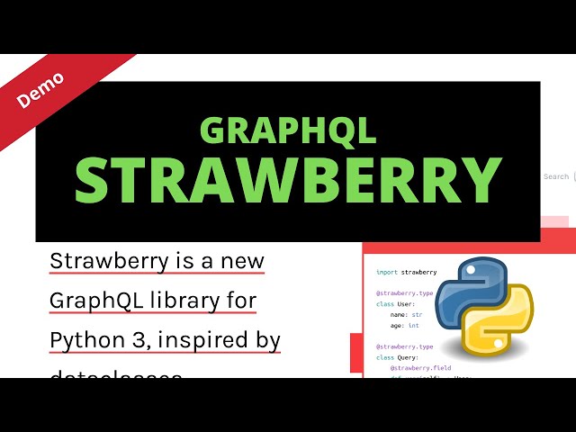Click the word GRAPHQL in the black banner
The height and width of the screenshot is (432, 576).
pyautogui.click(x=288, y=131)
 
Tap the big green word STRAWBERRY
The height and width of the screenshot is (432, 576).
pyautogui.click(x=288, y=180)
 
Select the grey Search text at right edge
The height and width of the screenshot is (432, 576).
pyautogui.click(x=556, y=176)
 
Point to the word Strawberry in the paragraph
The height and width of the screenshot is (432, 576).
pyautogui.click(x=110, y=261)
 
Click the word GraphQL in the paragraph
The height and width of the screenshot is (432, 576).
pyautogui.click(x=94, y=301)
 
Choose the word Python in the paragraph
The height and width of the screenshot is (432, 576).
pyautogui.click(x=83, y=341)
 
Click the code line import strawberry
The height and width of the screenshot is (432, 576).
pyautogui.click(x=406, y=271)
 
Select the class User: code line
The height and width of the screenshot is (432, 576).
pyautogui.click(x=395, y=304)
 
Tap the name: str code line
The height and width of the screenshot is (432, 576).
pyautogui.click(x=406, y=315)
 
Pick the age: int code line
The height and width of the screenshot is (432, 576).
pyautogui.click(x=405, y=326)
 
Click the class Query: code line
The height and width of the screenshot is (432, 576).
pyautogui.click(x=397, y=357)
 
